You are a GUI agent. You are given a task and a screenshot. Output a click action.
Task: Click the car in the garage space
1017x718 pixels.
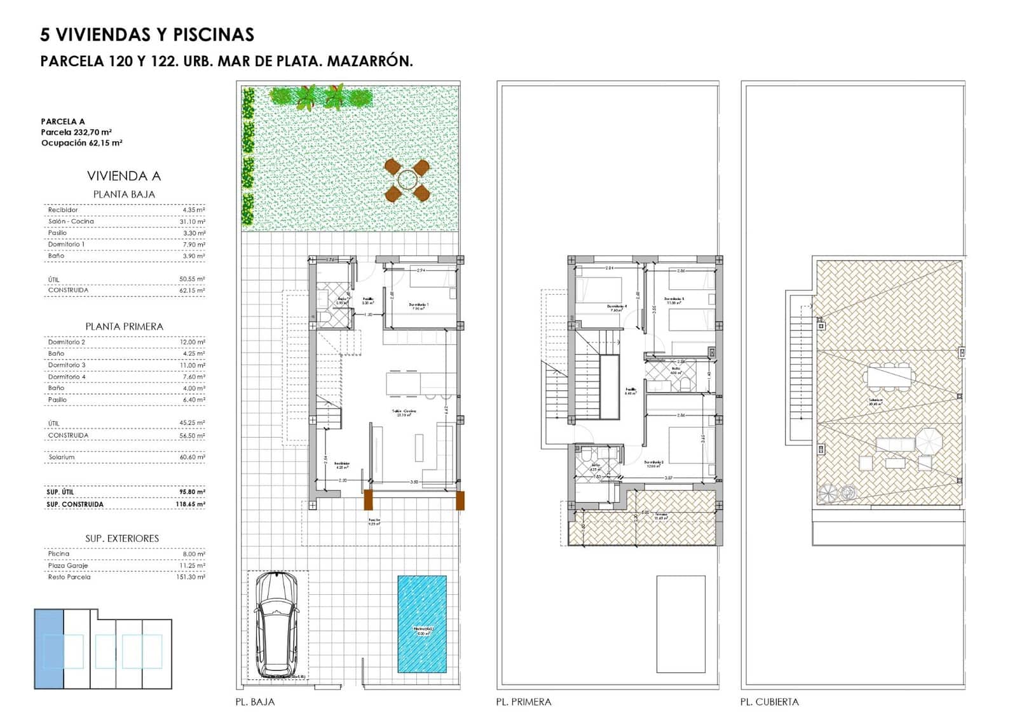pos(276,625)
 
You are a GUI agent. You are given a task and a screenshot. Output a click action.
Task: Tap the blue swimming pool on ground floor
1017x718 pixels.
pos(422,624)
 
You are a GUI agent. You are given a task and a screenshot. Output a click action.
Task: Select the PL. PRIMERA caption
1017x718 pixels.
pos(523,702)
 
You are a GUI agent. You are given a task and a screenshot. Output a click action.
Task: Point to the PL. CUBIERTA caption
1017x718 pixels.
pos(769,702)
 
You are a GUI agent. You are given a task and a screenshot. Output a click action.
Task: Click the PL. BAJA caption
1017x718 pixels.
pos(255,702)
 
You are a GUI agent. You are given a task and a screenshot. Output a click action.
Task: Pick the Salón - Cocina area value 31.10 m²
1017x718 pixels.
pos(192,221)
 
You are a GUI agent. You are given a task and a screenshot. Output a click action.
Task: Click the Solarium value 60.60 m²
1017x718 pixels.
pos(192,457)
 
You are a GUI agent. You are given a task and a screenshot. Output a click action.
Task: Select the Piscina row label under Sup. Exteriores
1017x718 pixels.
pos(58,553)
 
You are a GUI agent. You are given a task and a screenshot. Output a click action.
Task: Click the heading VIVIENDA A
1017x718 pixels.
pos(124,176)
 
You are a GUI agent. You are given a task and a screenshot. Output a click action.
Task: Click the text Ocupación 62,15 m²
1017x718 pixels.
pos(81,143)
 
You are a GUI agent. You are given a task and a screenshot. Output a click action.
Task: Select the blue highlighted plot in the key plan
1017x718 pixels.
pos(49,648)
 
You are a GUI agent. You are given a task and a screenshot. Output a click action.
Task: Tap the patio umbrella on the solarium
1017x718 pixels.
pos(930,440)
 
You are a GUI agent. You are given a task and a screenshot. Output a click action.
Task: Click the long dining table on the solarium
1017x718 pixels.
pos(889,377)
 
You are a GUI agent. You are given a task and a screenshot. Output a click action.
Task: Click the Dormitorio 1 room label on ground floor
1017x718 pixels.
pos(418,305)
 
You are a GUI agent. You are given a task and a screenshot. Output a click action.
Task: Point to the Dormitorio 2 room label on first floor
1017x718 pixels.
pos(654,463)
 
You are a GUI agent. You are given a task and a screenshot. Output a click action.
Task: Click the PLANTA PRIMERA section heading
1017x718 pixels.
pos(124,326)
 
